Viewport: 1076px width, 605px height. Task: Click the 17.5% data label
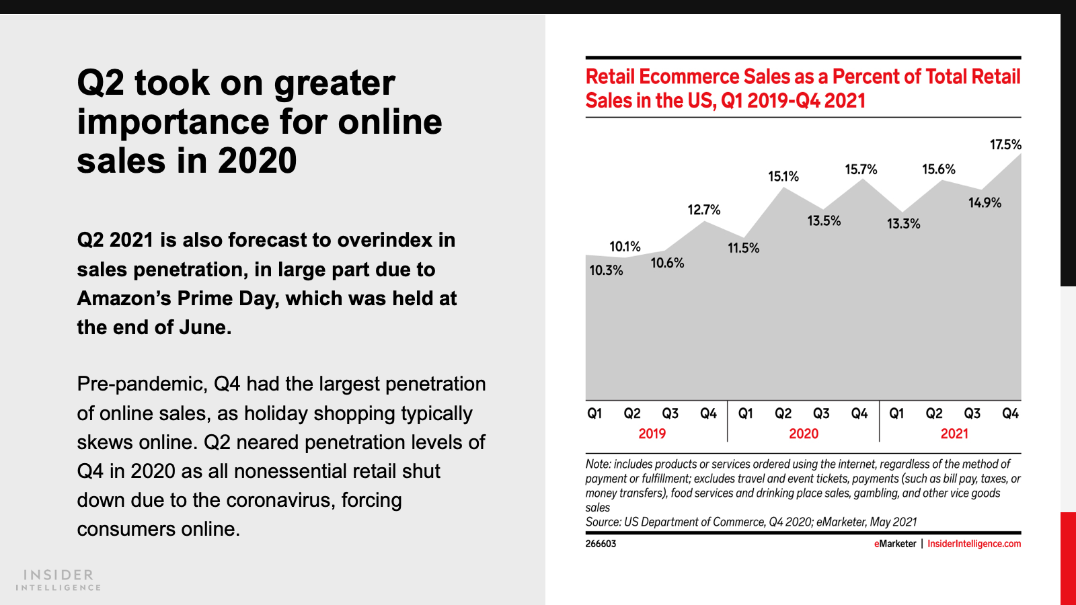[1005, 145]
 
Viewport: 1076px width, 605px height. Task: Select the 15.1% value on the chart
[783, 177]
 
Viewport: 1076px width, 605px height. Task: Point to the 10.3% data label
[606, 270]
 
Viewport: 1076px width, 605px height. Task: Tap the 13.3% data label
[903, 224]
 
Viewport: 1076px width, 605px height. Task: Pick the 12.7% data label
[703, 210]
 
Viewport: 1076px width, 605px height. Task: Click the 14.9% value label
[985, 202]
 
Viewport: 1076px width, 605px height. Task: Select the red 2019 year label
[652, 434]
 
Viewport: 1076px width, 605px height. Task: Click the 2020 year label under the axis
[804, 434]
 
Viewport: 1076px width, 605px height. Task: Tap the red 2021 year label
[954, 434]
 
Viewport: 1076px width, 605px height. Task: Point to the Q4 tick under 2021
[1010, 413]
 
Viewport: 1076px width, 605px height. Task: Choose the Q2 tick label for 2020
[783, 413]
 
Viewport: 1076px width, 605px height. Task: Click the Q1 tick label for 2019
[594, 413]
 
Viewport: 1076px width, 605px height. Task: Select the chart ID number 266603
[601, 544]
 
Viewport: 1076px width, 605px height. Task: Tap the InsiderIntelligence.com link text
[974, 544]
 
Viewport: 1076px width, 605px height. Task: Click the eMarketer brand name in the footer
[895, 544]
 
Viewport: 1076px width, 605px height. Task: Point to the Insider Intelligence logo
[59, 580]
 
